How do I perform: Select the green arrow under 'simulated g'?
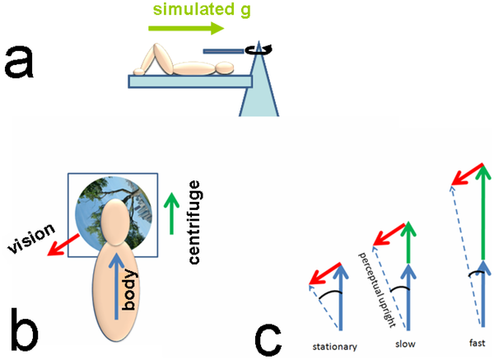pyautogui.click(x=186, y=29)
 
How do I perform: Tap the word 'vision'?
pyautogui.click(x=31, y=238)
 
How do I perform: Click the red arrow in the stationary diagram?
pyautogui.click(x=323, y=274)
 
